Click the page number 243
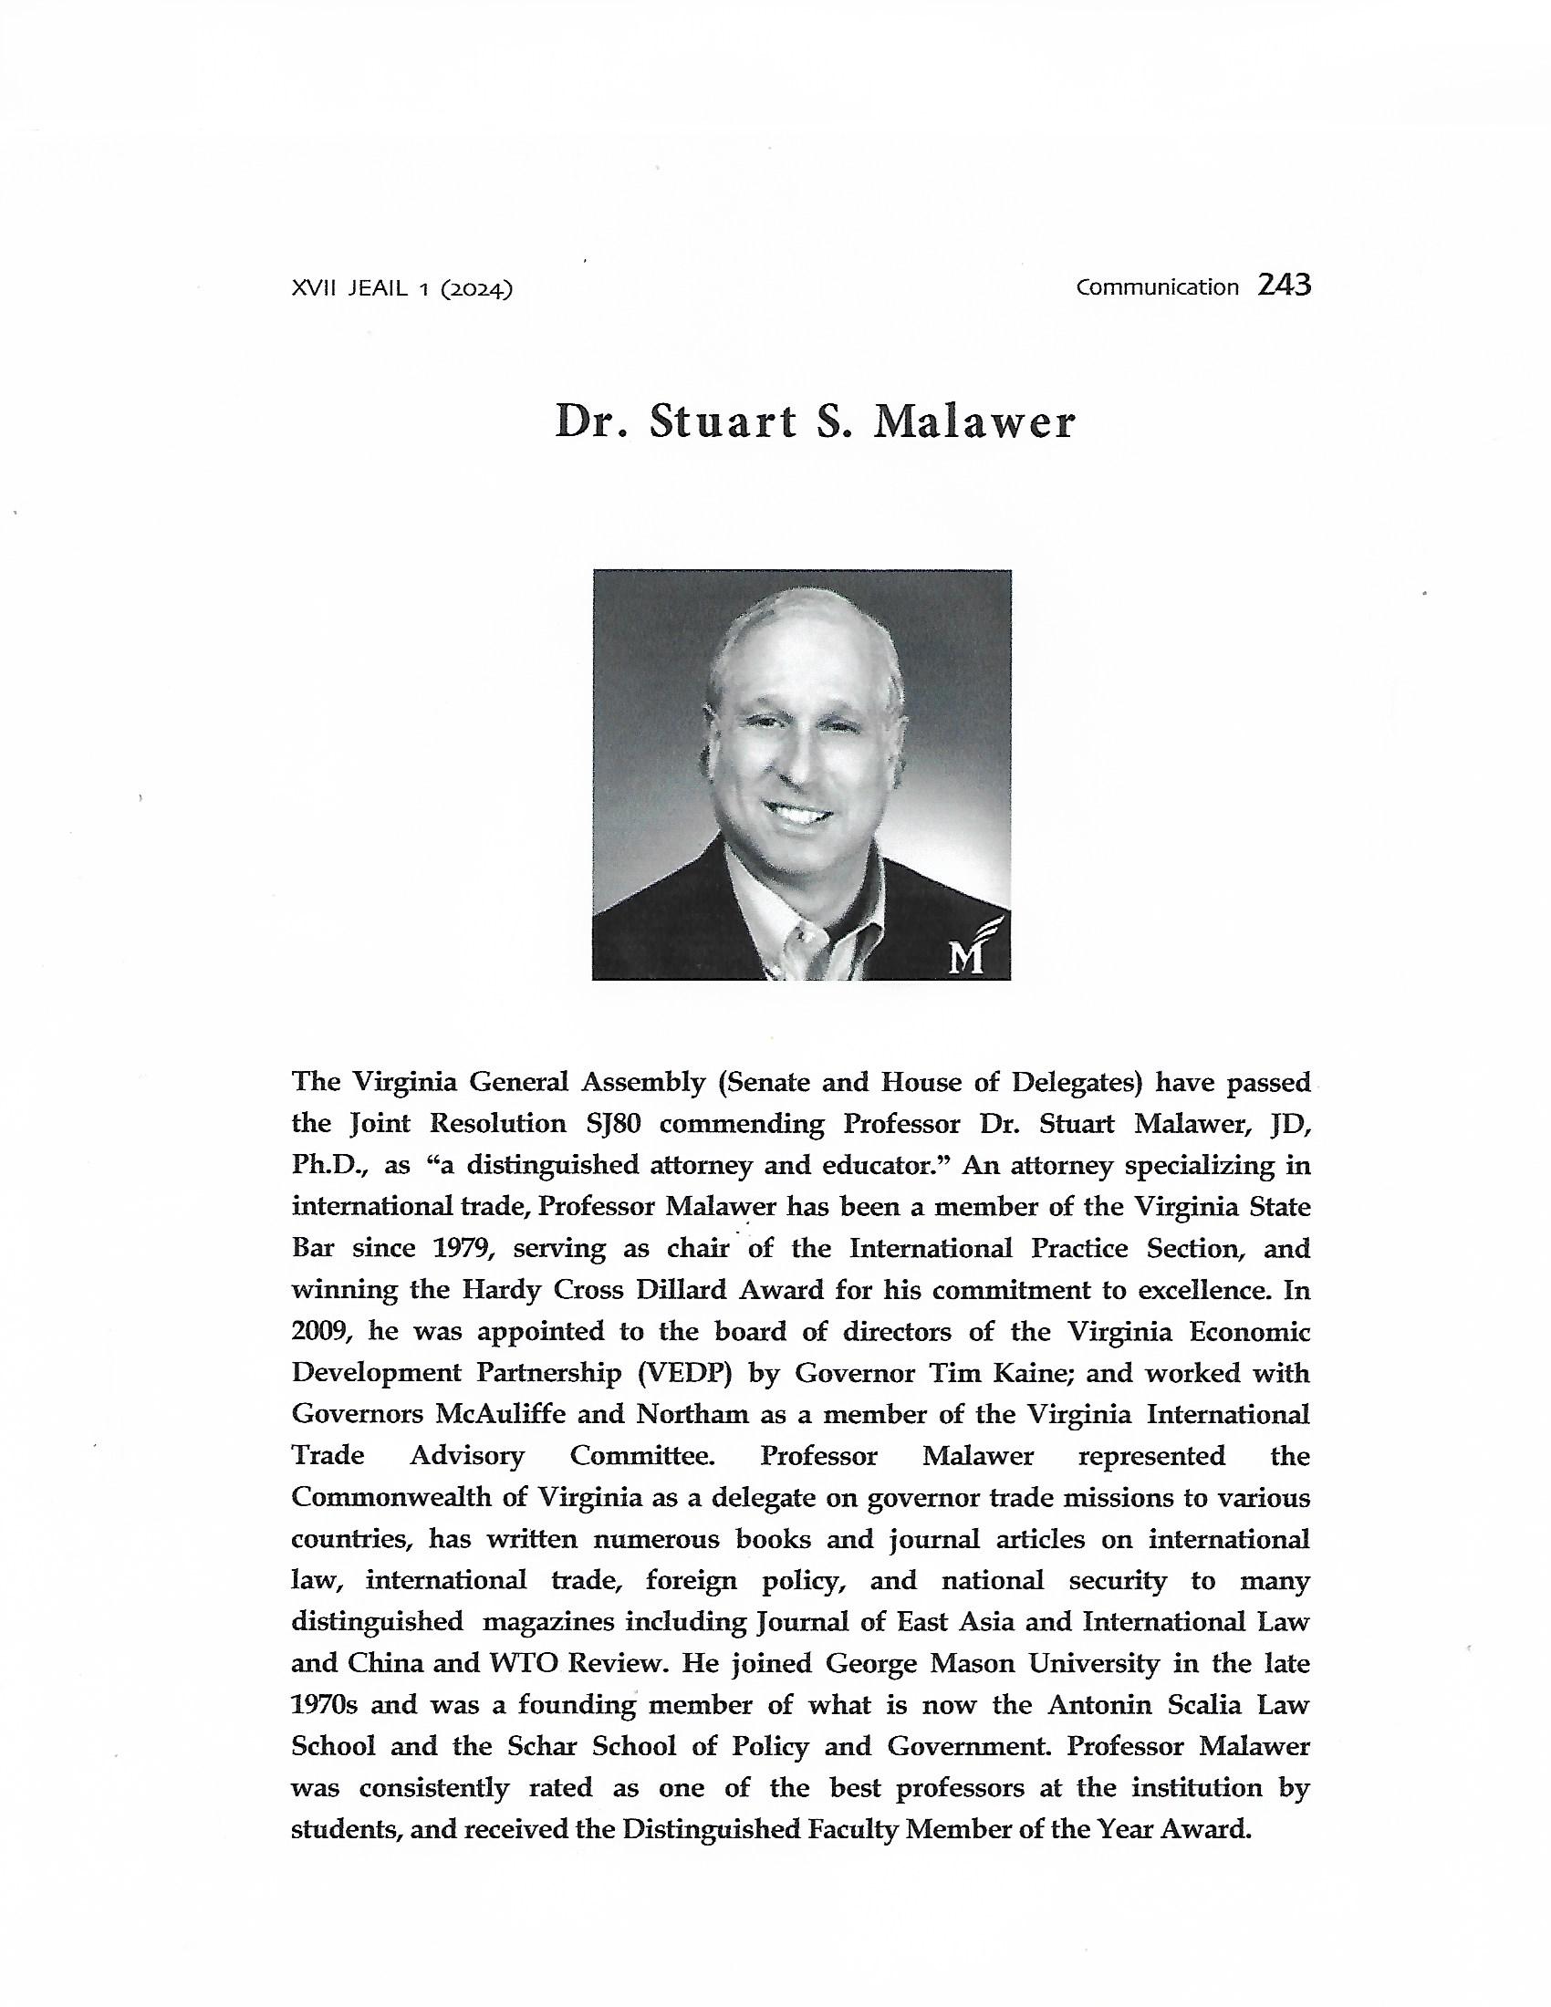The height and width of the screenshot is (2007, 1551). pyautogui.click(x=1285, y=286)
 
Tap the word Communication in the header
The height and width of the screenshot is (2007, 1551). pyautogui.click(x=1158, y=287)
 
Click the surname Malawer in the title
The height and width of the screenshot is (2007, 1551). pyautogui.click(x=974, y=421)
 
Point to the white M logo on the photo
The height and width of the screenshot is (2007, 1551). pyautogui.click(x=967, y=956)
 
